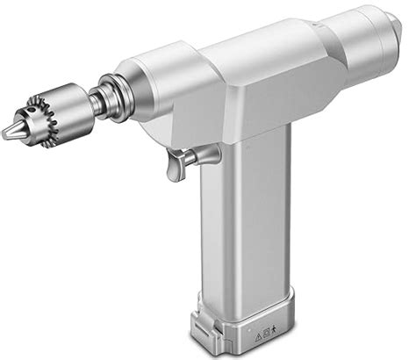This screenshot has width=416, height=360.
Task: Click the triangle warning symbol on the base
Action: (x=259, y=336)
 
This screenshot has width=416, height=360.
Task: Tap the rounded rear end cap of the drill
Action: (x=386, y=40)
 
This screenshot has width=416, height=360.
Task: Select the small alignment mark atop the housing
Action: (x=312, y=25)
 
